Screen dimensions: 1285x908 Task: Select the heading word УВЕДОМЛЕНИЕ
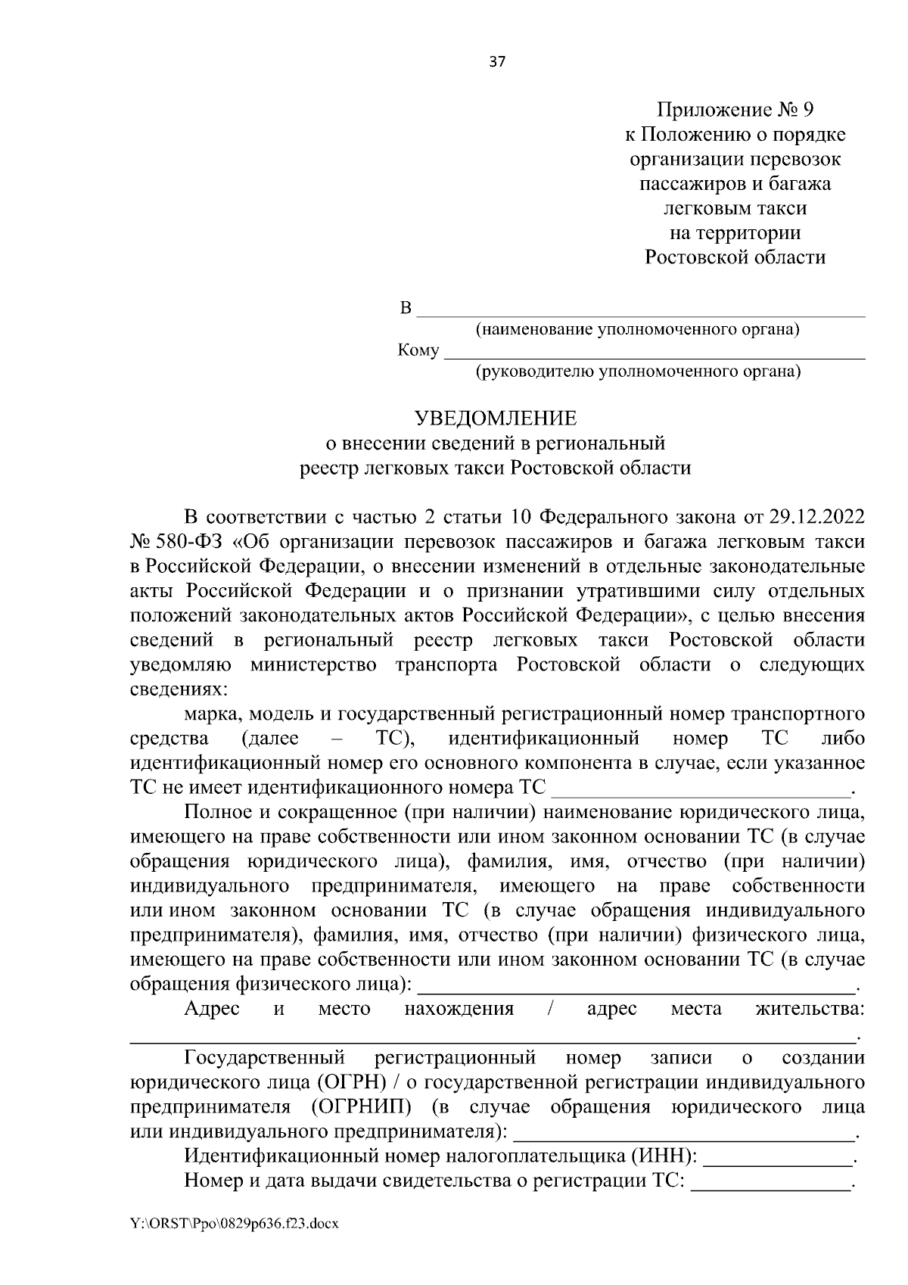pyautogui.click(x=495, y=418)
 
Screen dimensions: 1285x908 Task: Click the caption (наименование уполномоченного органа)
pyautogui.click(x=637, y=330)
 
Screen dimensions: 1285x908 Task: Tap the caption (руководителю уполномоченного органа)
pyautogui.click(x=638, y=372)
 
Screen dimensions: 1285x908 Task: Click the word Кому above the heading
pyautogui.click(x=418, y=351)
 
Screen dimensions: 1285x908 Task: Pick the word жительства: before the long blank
pyautogui.click(x=810, y=1009)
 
